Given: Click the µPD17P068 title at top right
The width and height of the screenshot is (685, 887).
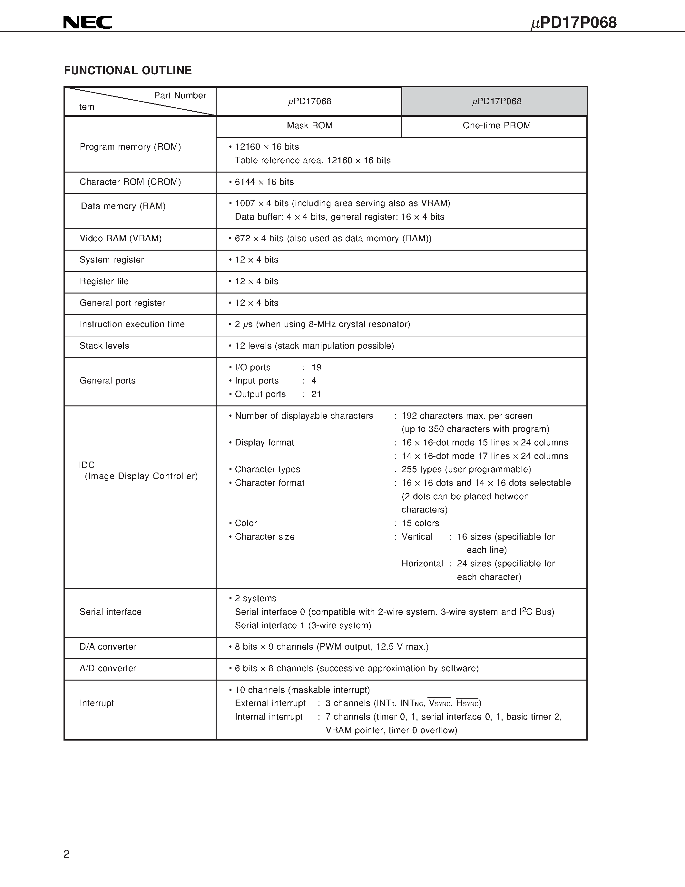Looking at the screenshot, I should [573, 23].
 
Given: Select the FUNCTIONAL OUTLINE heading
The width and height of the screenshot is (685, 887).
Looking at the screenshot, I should [128, 71].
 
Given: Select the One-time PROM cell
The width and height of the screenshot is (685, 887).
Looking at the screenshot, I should [496, 125].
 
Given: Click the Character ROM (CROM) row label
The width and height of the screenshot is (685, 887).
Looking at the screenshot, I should [130, 182].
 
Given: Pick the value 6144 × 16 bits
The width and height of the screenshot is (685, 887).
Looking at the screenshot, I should [264, 182].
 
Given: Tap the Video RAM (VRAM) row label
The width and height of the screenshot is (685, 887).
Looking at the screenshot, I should [121, 238].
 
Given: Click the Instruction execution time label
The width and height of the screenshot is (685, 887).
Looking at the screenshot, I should [132, 324].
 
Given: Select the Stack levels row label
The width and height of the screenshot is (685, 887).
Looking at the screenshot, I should [104, 346].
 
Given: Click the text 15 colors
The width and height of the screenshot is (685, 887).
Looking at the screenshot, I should [420, 523].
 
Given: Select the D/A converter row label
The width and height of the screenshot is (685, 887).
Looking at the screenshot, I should [108, 647].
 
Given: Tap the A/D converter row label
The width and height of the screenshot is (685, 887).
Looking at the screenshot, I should [108, 668].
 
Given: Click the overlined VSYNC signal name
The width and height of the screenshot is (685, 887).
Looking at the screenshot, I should [439, 703].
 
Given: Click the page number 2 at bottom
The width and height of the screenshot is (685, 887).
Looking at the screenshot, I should [66, 854].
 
